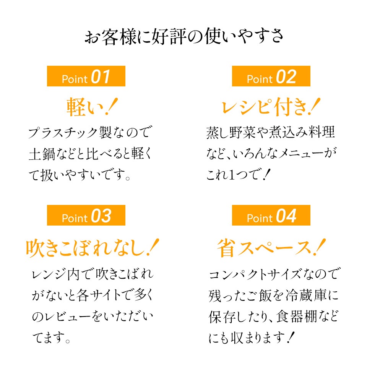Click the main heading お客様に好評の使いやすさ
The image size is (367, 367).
(x=184, y=37)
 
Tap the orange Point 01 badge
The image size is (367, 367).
(x=86, y=76)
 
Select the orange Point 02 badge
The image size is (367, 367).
(x=271, y=76)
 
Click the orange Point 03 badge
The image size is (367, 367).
(x=86, y=215)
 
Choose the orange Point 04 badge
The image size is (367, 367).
(x=271, y=215)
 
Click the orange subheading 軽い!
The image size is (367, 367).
(x=92, y=107)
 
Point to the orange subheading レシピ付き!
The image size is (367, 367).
(x=271, y=107)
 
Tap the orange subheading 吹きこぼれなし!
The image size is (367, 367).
(x=93, y=248)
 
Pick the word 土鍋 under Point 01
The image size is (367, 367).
(x=42, y=154)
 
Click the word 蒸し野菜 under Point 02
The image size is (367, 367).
(x=231, y=133)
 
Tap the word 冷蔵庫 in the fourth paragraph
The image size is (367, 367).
(x=306, y=295)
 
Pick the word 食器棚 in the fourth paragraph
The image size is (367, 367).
(x=297, y=317)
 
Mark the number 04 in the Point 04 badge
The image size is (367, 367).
(x=286, y=216)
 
